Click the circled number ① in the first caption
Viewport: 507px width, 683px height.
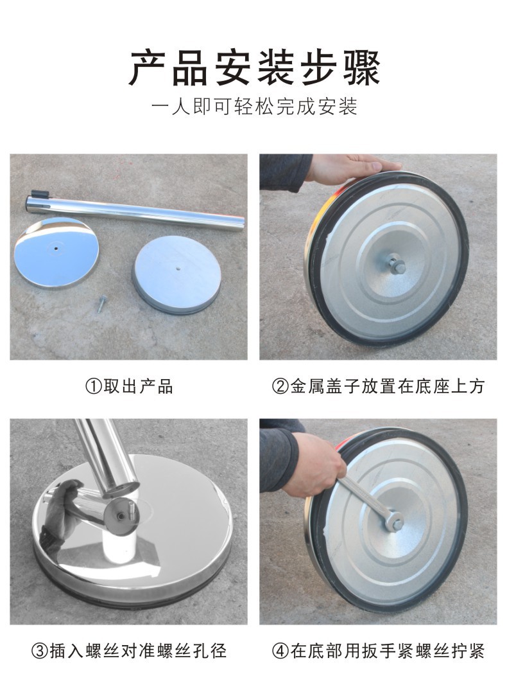pos(92,386)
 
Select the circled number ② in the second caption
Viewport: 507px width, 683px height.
pos(280,386)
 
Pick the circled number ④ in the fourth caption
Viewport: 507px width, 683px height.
pos(280,652)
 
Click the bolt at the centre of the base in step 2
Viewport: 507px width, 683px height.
pos(395,264)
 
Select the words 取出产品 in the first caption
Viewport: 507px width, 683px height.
pos(138,386)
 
